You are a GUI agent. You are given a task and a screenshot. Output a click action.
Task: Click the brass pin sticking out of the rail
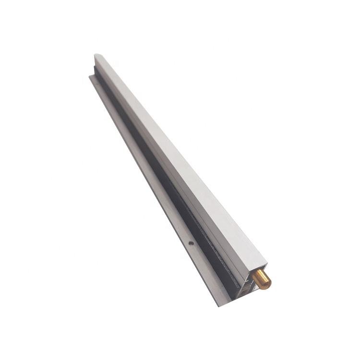coord(262,278)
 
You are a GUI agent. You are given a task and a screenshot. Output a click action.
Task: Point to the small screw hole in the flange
coord(191,243)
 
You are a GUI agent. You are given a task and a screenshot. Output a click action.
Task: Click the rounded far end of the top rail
coord(97,56)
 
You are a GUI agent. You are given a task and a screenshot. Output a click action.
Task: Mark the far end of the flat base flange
coord(92,76)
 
